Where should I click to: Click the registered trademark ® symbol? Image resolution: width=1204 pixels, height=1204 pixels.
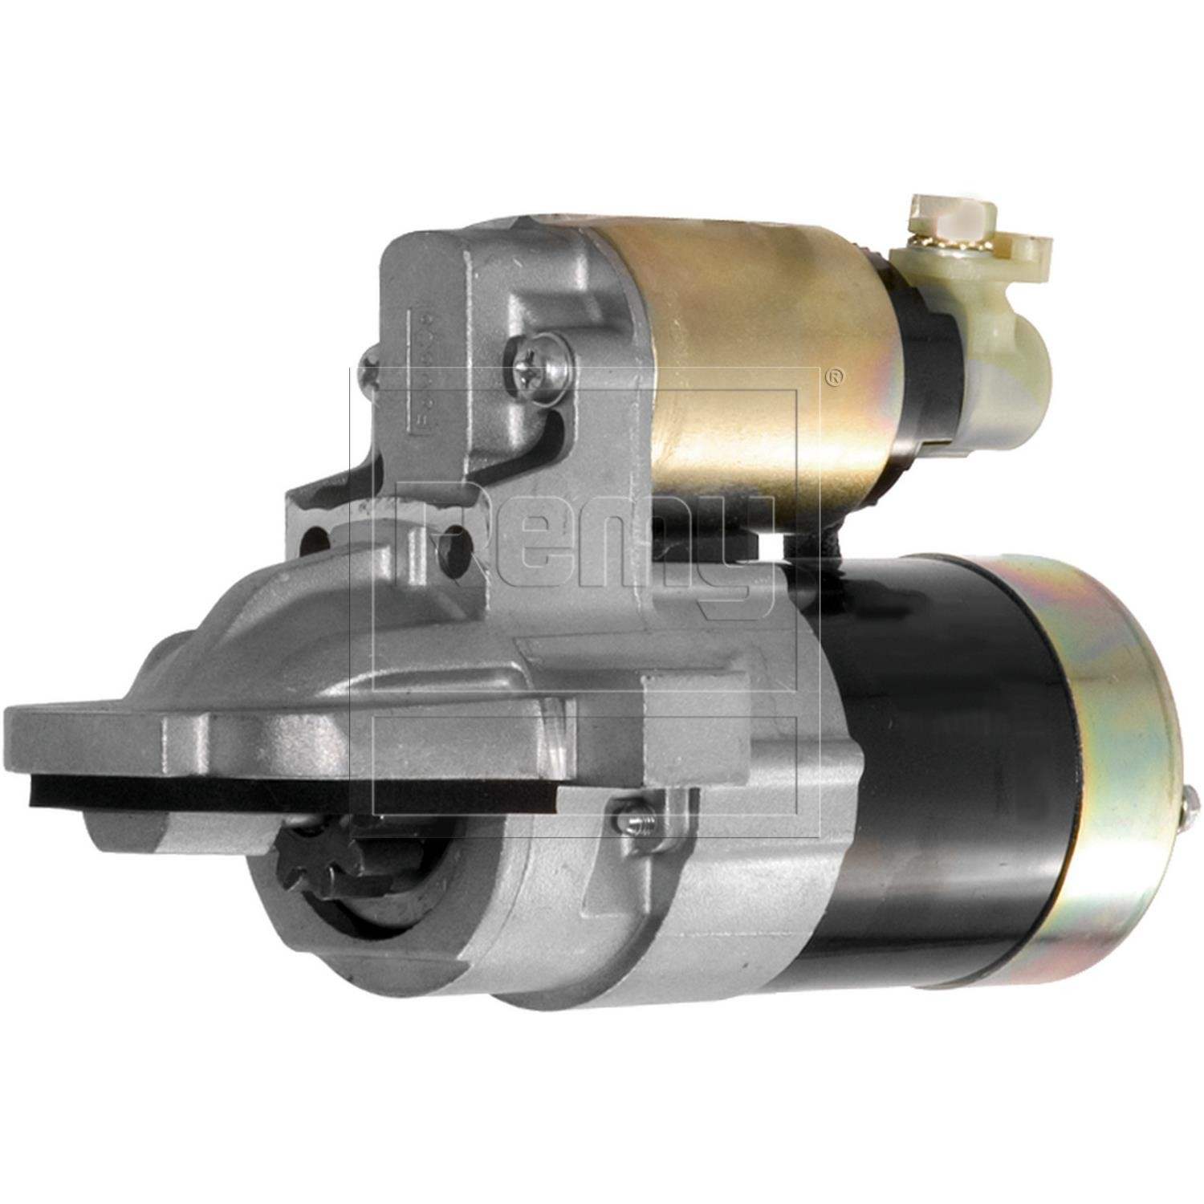[836, 376]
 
